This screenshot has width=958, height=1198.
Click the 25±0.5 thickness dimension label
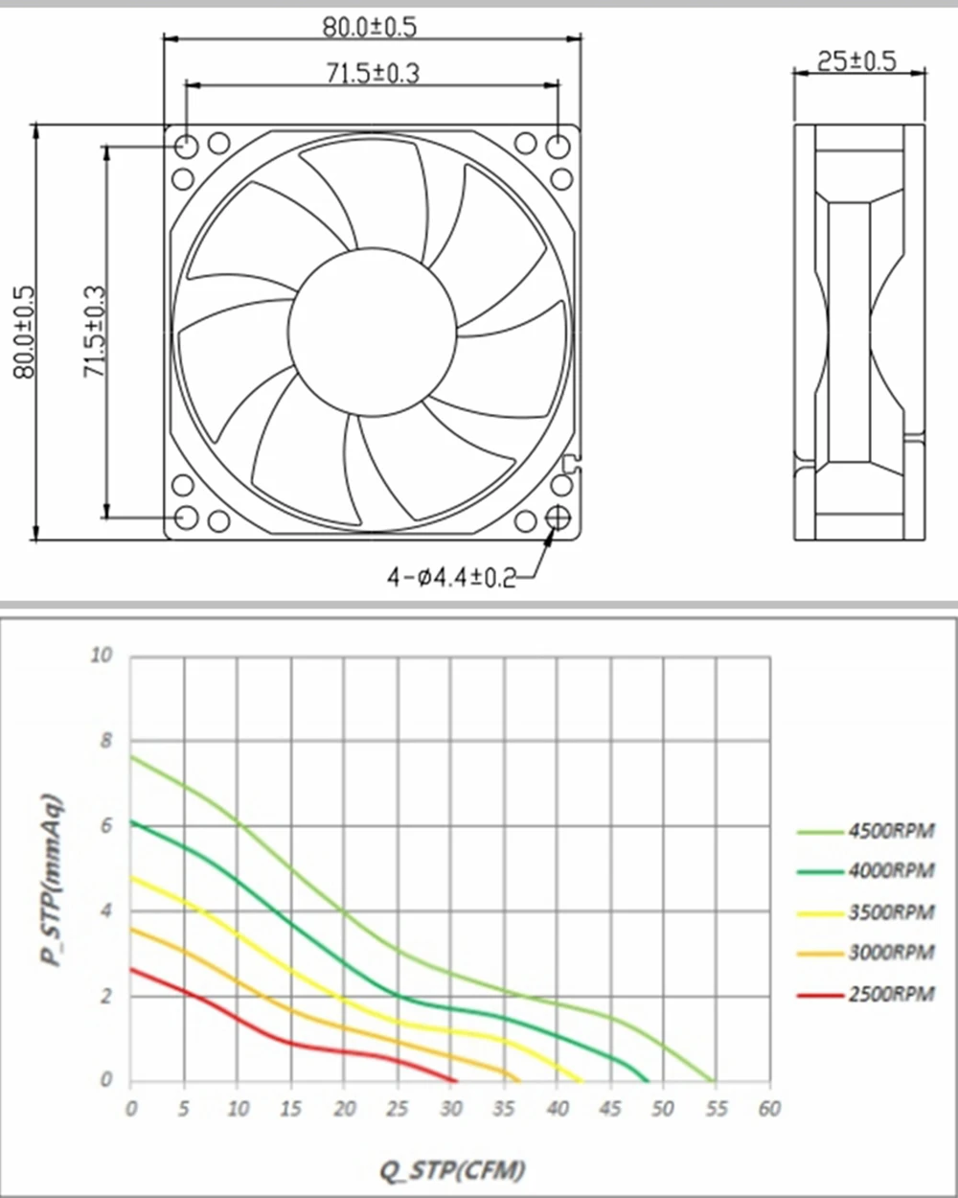(x=856, y=60)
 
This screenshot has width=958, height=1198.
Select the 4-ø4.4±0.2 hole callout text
(x=451, y=578)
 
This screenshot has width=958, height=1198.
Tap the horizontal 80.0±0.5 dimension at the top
(x=370, y=27)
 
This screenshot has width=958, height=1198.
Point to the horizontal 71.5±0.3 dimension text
(x=373, y=74)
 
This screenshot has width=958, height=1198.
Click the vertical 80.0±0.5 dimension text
(x=24, y=333)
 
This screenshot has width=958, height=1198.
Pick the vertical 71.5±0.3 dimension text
(x=94, y=332)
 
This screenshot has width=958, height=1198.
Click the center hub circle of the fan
(x=373, y=332)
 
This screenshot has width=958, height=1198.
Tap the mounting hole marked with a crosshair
(x=558, y=518)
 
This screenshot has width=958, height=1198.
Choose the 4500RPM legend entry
(x=866, y=831)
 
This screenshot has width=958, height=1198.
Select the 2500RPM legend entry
(x=866, y=994)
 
